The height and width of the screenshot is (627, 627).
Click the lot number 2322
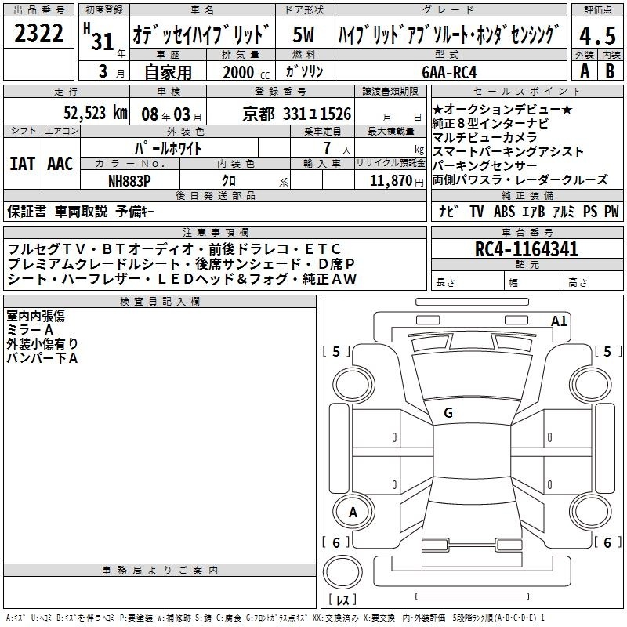(x=38, y=33)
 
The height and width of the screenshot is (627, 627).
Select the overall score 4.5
(x=597, y=35)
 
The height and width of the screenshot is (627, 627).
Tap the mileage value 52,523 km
(x=96, y=113)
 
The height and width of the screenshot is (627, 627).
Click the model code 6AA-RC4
(x=449, y=72)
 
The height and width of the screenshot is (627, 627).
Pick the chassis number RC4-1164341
(x=526, y=249)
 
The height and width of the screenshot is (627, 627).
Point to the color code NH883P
(x=129, y=181)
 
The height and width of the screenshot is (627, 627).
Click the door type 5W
(x=303, y=34)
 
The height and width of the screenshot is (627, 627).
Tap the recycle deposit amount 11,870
(x=390, y=181)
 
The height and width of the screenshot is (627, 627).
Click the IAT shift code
(x=23, y=164)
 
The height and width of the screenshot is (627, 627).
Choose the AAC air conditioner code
(x=60, y=164)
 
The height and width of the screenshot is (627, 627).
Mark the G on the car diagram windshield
(x=448, y=413)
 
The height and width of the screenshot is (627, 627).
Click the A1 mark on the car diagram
(x=559, y=321)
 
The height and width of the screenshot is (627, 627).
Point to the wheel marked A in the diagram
(x=353, y=512)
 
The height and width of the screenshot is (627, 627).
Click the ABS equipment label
(x=504, y=211)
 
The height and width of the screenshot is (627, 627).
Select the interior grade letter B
(x=610, y=71)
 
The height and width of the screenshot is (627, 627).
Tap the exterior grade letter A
(x=585, y=71)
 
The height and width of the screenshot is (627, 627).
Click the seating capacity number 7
(x=327, y=148)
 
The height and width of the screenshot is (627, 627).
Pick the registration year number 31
(x=103, y=42)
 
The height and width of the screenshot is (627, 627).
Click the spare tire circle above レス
(x=342, y=572)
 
